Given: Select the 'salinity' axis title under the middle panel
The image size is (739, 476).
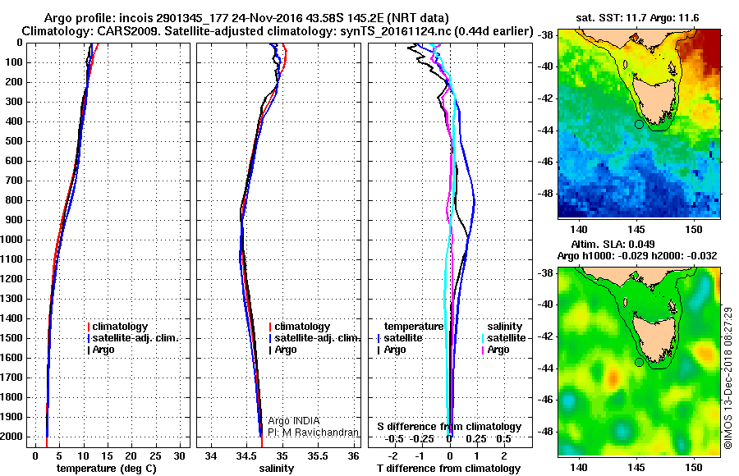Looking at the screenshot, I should coord(275,469).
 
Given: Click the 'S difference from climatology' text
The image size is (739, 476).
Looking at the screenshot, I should coord(449,427).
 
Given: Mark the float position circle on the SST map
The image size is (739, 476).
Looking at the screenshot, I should coord(639,124).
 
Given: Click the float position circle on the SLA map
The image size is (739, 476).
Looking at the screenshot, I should coord(639,362).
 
